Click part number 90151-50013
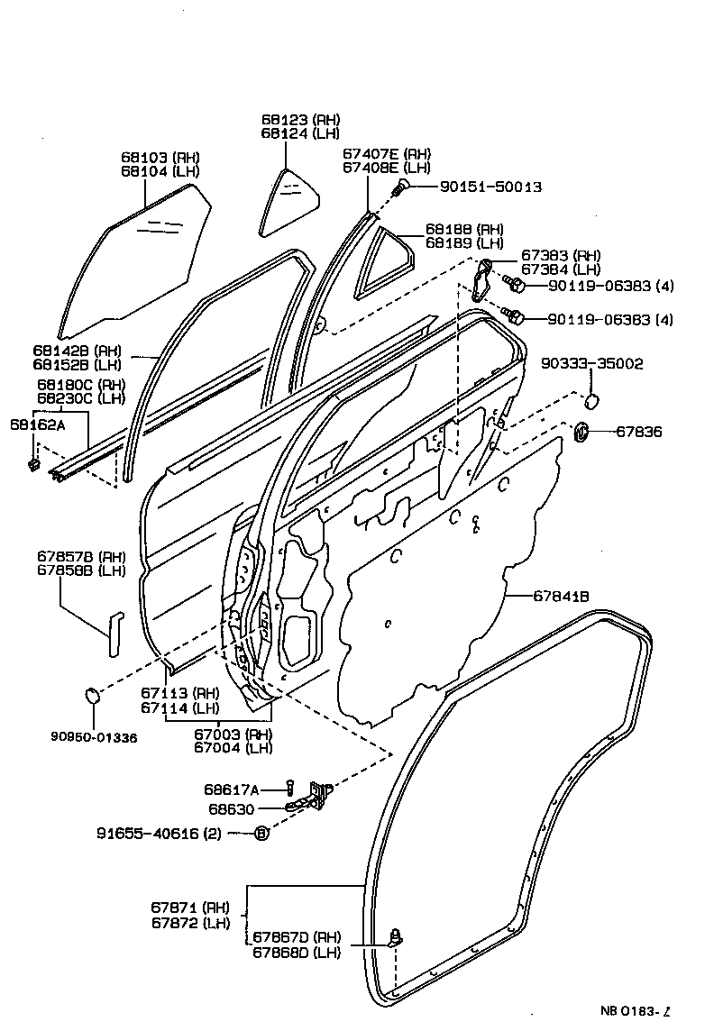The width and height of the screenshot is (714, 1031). tap(490, 187)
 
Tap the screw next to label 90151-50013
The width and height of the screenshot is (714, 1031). tap(401, 187)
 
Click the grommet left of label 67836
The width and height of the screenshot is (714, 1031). tap(581, 432)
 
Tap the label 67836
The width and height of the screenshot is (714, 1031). tap(639, 433)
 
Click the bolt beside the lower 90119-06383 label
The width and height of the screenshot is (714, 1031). tap(515, 317)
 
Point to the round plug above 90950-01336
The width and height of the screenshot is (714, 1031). tap(92, 695)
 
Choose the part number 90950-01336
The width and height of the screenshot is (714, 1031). tap(94, 737)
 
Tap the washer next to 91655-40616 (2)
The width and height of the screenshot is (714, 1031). tap(261, 834)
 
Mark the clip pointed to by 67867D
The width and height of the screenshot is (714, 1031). tap(395, 938)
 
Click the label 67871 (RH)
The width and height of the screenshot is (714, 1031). tap(190, 907)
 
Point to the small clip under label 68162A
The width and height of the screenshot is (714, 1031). tap(33, 464)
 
